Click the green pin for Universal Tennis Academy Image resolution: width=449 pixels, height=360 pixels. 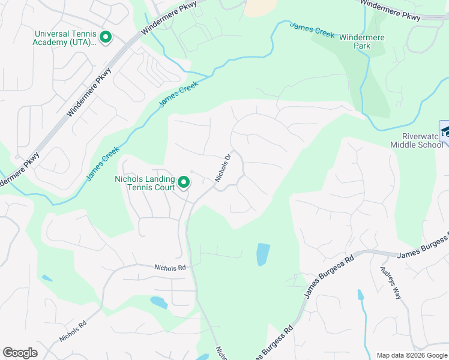click(x=106, y=37)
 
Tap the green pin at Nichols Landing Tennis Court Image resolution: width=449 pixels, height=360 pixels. click(x=185, y=181)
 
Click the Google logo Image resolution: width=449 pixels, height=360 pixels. click(x=20, y=353)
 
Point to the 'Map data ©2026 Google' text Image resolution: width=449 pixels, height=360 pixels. click(x=411, y=355)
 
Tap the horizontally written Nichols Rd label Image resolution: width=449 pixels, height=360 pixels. click(x=170, y=268)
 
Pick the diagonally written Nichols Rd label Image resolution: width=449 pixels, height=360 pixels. click(x=73, y=331)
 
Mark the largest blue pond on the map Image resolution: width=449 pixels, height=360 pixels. click(x=263, y=254)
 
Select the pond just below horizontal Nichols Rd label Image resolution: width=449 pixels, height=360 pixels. click(x=158, y=302)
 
